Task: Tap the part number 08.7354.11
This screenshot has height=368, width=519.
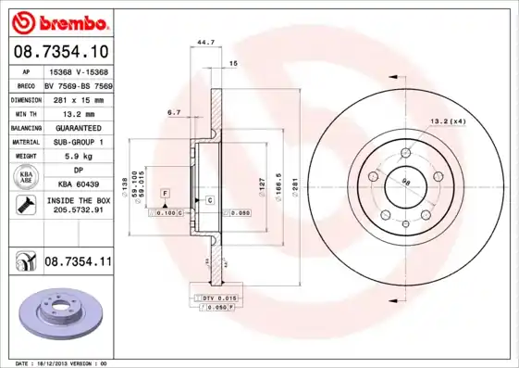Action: pos(78,263)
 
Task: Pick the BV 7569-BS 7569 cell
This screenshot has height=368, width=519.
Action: pos(79,84)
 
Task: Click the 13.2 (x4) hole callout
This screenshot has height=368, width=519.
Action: pos(446,121)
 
